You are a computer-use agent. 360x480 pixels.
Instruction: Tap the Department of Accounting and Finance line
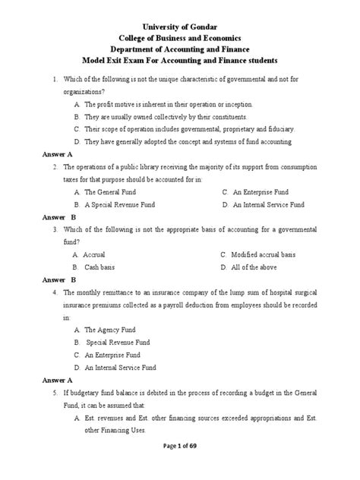(179, 48)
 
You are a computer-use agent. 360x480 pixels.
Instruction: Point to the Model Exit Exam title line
(179, 60)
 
